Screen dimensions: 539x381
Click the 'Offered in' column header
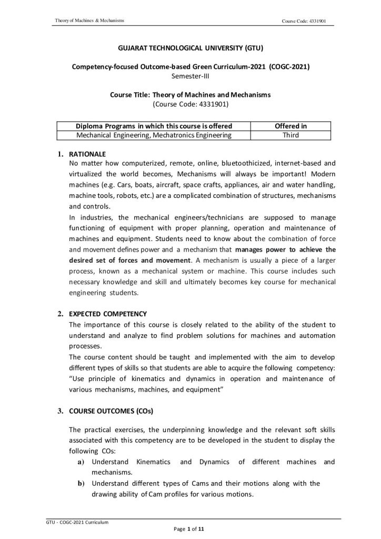(291, 126)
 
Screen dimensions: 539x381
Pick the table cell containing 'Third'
(291, 135)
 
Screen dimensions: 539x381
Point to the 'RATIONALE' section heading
(87, 154)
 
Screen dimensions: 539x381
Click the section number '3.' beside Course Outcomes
(61, 396)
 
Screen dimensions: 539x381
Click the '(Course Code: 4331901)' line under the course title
(190, 104)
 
